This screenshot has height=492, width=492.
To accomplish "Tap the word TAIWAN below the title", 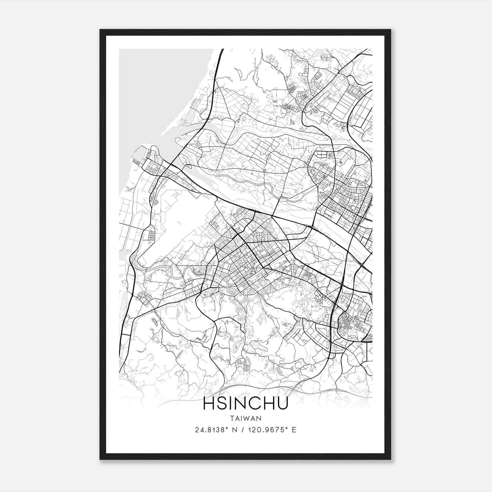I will tap(245, 418).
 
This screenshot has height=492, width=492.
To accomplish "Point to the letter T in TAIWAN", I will tap(231, 418).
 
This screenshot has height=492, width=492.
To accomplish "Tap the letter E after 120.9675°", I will tap(294, 430).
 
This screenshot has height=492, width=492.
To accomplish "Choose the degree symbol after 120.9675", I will tap(287, 428).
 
